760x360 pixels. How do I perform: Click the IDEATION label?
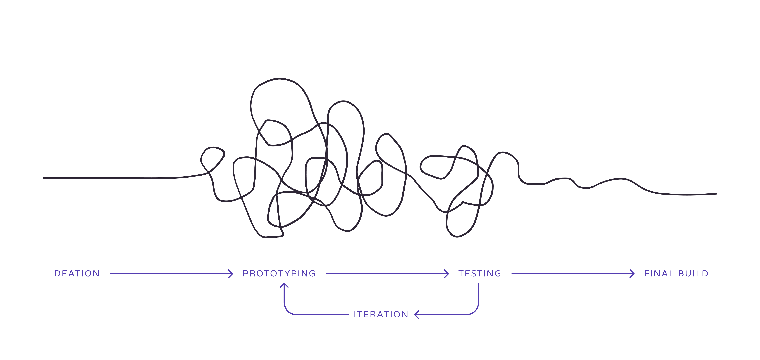[75, 273]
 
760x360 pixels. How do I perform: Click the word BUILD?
[693, 273]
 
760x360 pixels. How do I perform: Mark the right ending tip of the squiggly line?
[716, 194]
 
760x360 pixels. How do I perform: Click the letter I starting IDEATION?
[52, 273]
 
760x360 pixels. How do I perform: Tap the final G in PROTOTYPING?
[312, 273]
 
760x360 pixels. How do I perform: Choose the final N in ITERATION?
[405, 314]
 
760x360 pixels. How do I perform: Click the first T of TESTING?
[461, 273]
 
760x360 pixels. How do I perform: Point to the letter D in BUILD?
[705, 273]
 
